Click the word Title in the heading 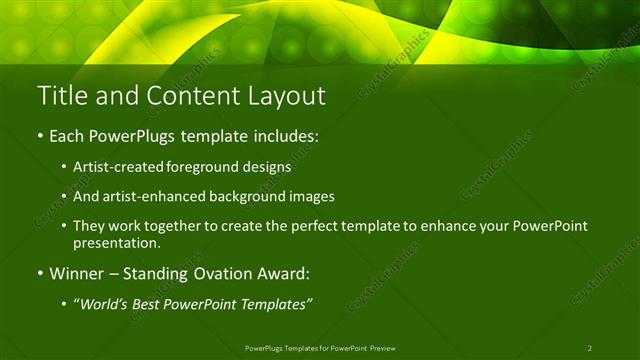pyautogui.click(x=61, y=96)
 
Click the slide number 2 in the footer pyautogui.click(x=590, y=347)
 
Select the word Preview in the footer pyautogui.click(x=389, y=347)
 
